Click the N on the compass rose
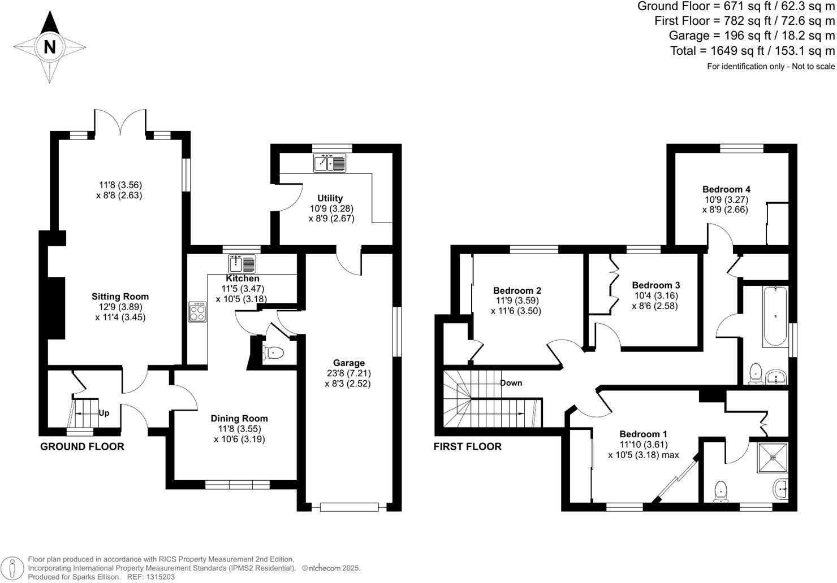click(50, 47)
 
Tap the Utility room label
click(330, 198)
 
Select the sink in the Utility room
click(329, 163)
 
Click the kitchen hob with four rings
click(198, 312)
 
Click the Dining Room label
click(239, 419)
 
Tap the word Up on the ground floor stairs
click(104, 413)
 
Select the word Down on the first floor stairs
click(511, 383)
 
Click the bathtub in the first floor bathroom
click(775, 316)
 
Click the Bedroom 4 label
click(726, 189)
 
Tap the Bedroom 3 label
click(655, 285)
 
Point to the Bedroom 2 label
click(517, 291)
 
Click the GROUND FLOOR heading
click(82, 447)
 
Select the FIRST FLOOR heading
click(467, 447)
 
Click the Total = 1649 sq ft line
click(752, 51)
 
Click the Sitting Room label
click(120, 297)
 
